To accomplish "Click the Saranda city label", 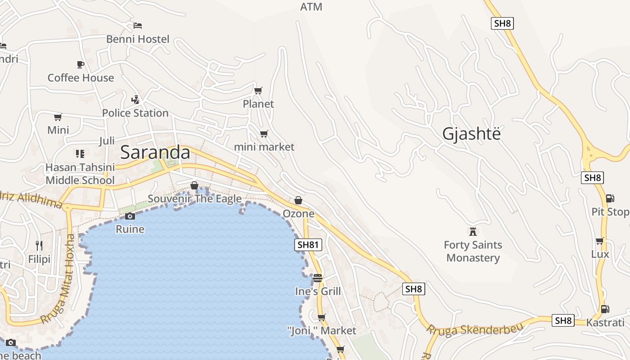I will pos(155,153).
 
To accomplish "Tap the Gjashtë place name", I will pos(471,134).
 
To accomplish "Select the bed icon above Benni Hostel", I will pos(138,25).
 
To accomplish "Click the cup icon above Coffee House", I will pos(81,64).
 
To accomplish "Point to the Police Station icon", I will pos(135,99).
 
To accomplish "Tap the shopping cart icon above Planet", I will pos(258,91).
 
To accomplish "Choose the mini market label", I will pos(264,147).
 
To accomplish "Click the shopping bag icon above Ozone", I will pos(298,200).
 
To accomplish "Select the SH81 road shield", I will pos(308,245).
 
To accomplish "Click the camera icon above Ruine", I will pos(130,216).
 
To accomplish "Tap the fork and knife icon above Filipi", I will pos(39,245).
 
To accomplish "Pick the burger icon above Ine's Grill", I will pos(318,278).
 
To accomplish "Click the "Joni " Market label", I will pos(322,331).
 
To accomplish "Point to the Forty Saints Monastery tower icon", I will pos(472,232).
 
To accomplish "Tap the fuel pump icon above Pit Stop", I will pos(610,198).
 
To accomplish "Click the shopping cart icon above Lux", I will pos(600,241).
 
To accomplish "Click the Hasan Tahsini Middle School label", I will pos(80,174).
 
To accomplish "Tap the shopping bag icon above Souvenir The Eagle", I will pos(194,185).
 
